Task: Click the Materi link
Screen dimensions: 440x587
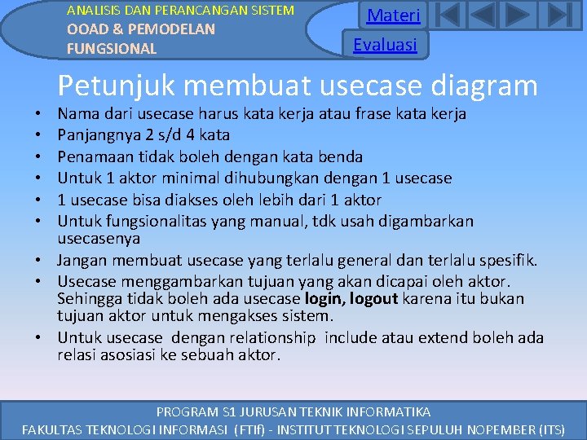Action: coord(393,15)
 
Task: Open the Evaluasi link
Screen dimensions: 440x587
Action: coord(385,44)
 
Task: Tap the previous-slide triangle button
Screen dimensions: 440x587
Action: coord(483,15)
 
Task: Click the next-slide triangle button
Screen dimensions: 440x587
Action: coord(519,15)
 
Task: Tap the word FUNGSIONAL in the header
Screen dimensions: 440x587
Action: coord(112,49)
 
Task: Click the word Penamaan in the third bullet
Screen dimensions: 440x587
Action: coord(93,156)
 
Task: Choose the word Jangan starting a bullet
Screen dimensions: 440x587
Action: coord(82,261)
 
